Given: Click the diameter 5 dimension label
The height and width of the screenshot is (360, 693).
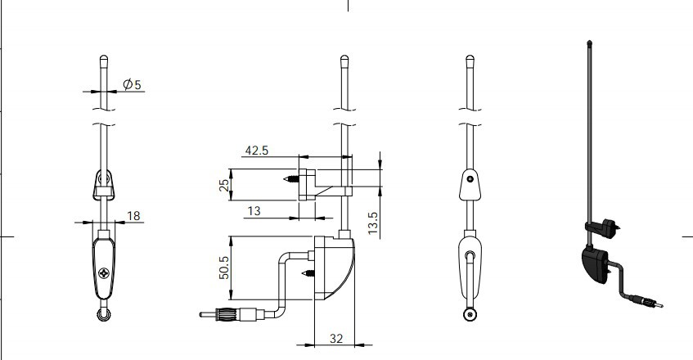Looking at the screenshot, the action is click(x=133, y=84).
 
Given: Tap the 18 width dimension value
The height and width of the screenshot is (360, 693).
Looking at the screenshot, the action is click(x=133, y=215).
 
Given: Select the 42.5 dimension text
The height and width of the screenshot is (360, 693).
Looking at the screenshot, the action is click(x=257, y=151).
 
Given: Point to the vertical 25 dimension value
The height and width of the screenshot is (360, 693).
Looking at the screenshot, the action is click(x=225, y=185).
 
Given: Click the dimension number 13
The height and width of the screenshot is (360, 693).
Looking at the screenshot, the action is click(x=254, y=211).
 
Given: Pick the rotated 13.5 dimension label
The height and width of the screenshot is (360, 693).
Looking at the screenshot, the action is click(x=373, y=223).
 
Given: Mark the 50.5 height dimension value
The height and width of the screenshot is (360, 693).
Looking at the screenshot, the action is click(x=224, y=268).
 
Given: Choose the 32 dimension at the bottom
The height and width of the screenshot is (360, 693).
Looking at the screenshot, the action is click(x=336, y=339).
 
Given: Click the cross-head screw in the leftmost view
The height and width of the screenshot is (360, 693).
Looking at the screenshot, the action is click(x=104, y=273).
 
